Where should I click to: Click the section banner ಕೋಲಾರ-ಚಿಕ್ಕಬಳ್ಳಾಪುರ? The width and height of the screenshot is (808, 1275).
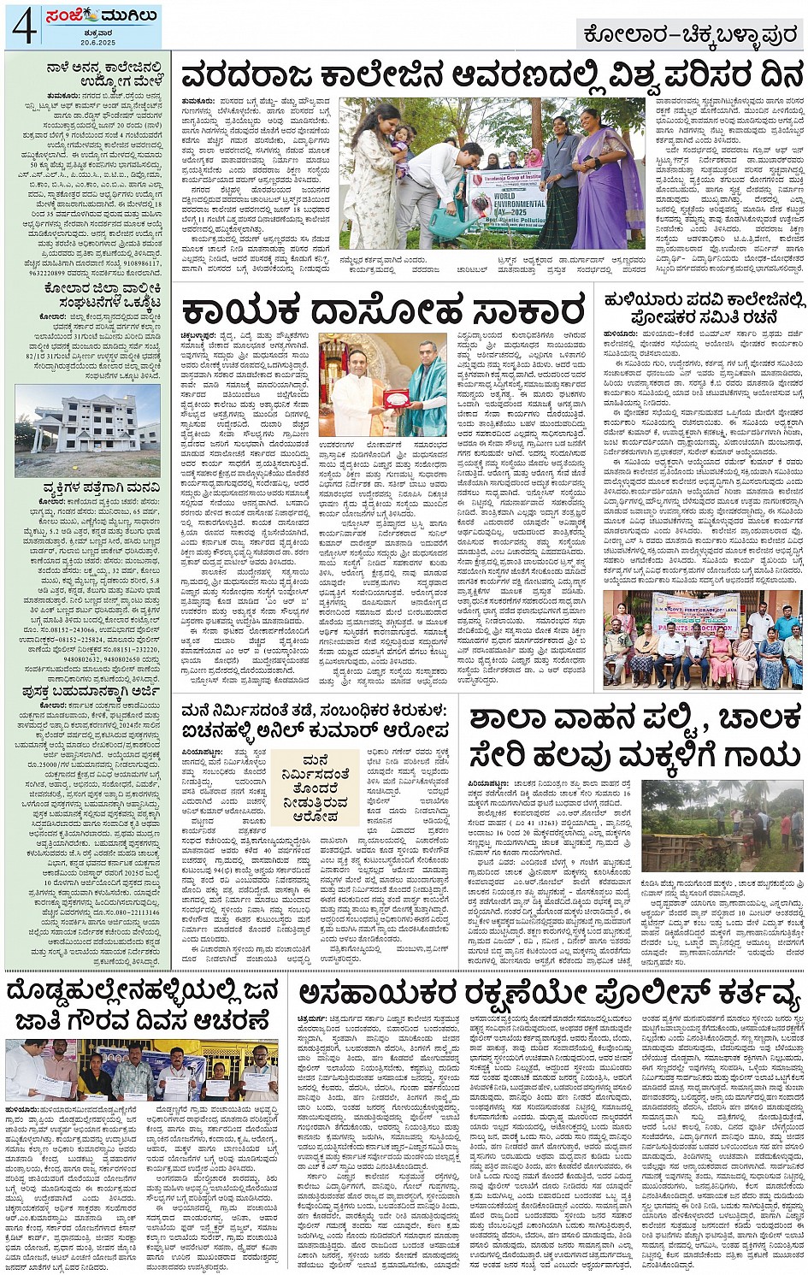pos(689,34)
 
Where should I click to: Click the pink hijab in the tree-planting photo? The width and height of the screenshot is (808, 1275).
pos(534,159)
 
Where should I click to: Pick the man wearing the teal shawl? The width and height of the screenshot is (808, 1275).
pos(425,389)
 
